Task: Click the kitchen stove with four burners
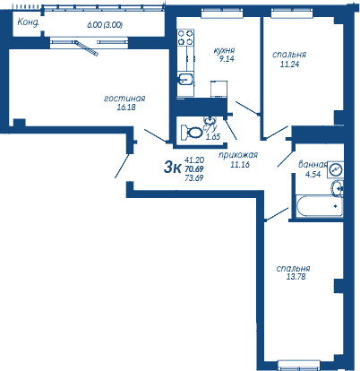click(x=185, y=38)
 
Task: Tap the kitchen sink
click(x=185, y=80)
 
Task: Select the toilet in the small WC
click(x=192, y=132)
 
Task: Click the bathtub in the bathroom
click(x=319, y=206)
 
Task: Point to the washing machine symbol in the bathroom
click(x=336, y=170)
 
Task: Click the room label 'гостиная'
click(x=124, y=99)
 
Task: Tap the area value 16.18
click(x=126, y=107)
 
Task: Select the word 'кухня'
click(x=224, y=50)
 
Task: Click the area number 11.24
click(x=289, y=64)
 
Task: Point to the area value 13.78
click(x=296, y=277)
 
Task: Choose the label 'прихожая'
click(x=238, y=155)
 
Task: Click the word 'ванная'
click(x=313, y=165)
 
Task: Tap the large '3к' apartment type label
click(x=172, y=168)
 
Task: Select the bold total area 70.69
click(x=194, y=169)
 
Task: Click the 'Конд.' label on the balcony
click(x=28, y=22)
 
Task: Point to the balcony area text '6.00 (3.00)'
click(x=105, y=25)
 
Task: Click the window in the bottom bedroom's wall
click(x=299, y=366)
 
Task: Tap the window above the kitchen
click(x=222, y=13)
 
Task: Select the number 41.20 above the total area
click(x=194, y=160)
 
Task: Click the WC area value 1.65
click(x=213, y=137)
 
